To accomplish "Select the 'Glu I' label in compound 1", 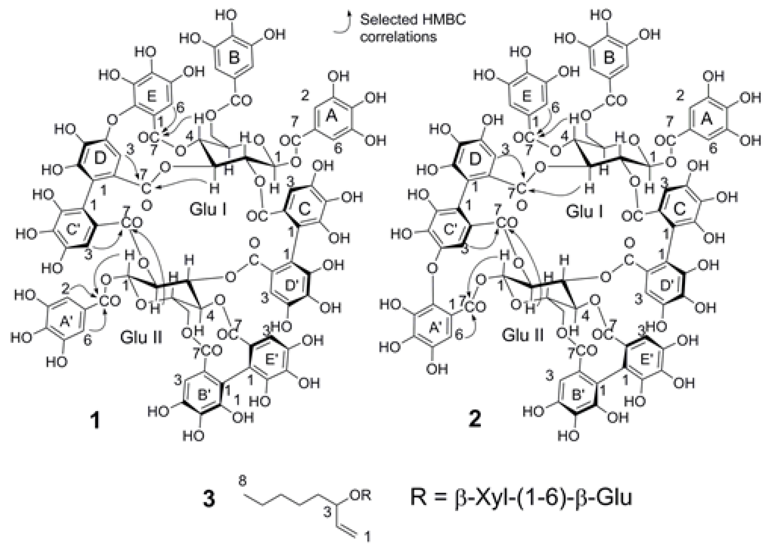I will pyautogui.click(x=208, y=210).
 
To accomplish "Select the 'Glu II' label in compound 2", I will pyautogui.click(x=522, y=335).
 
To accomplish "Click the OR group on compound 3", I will pyautogui.click(x=361, y=495).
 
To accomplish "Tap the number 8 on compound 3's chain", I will pyautogui.click(x=242, y=481).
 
